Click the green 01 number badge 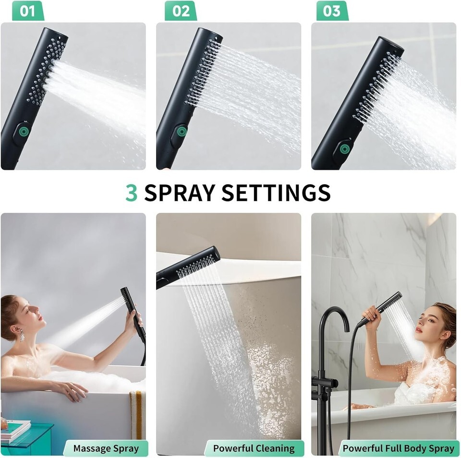[28, 11]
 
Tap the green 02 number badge [181, 11]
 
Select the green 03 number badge [332, 11]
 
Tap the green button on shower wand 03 [345, 149]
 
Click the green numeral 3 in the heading [132, 192]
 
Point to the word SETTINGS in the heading [276, 192]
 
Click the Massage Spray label [106, 448]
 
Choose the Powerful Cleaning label [254, 448]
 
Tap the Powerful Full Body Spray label [399, 448]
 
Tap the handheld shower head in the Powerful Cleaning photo [188, 267]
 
